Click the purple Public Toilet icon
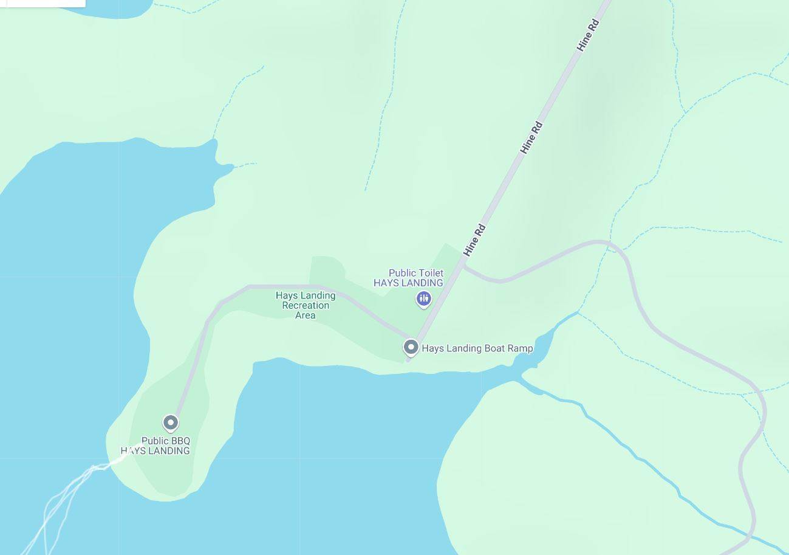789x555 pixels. [423, 298]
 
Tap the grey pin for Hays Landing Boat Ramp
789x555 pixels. [411, 347]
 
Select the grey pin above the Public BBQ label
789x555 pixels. [171, 422]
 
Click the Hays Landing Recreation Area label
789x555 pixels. [306, 305]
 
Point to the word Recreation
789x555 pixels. [306, 305]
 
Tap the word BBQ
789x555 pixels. [179, 441]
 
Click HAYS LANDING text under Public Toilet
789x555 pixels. [408, 283]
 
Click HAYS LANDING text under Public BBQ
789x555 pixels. [155, 450]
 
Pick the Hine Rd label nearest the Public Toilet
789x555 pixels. [474, 240]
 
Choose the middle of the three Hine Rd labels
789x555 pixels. [531, 137]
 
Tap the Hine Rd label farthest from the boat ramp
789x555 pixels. [588, 35]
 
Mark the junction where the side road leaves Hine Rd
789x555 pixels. [463, 265]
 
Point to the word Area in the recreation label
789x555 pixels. [306, 315]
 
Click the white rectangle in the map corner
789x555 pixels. [43, 3]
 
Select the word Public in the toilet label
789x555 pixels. [401, 273]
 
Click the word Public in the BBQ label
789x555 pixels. [154, 441]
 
